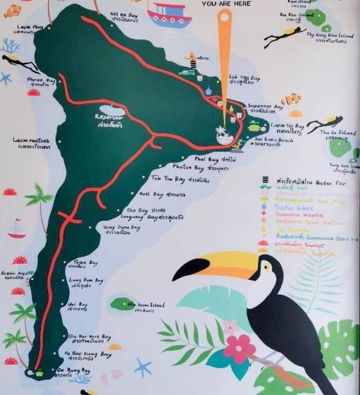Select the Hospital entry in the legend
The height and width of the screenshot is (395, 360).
[x=302, y=215]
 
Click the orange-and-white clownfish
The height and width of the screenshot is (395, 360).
[x=290, y=99]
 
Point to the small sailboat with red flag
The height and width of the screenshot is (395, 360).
[x=16, y=228]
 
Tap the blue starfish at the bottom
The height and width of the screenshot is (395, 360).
[x=143, y=367]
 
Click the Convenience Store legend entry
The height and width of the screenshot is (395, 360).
[x=316, y=237]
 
